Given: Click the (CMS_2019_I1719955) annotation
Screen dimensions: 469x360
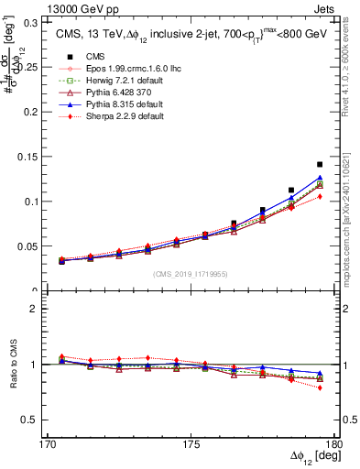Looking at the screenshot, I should tap(190, 273).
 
